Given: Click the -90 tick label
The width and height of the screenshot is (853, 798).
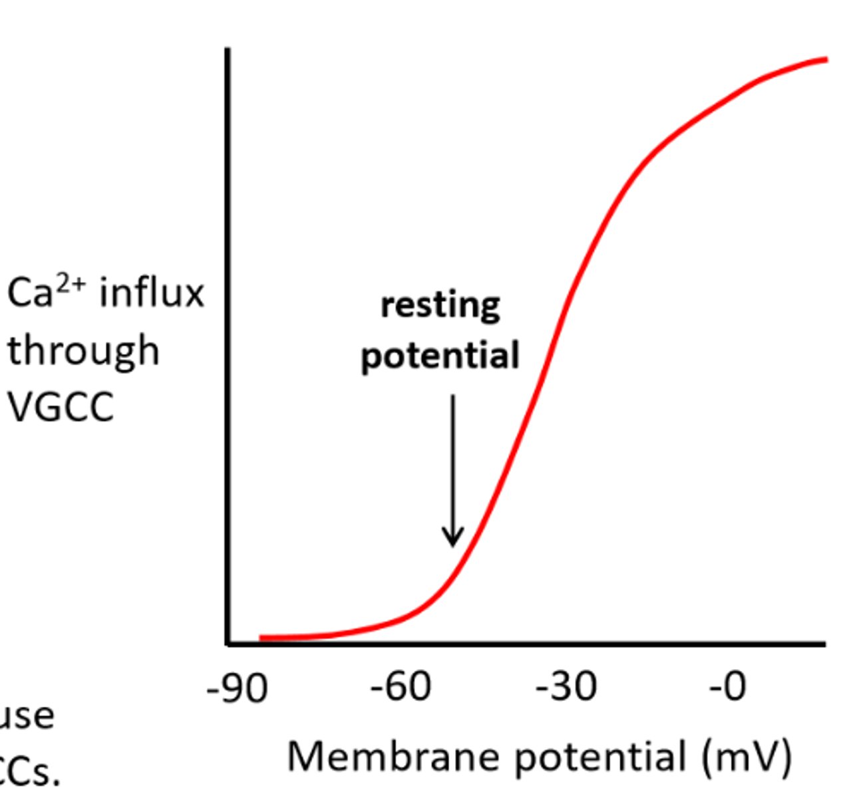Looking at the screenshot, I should [238, 688].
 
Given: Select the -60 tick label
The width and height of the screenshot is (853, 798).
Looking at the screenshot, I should [401, 687].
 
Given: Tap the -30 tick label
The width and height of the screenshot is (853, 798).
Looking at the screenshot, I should [566, 687].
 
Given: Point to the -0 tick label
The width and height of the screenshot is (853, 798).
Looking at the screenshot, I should [728, 687].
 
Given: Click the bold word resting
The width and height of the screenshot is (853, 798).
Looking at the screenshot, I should [440, 305].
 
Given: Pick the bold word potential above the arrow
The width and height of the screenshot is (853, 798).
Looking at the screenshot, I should [440, 356].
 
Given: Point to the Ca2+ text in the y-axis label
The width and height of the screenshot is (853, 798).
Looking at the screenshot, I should [46, 293].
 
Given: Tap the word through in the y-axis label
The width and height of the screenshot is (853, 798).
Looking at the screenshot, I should [83, 351].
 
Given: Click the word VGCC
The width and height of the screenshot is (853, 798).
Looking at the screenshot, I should [61, 407].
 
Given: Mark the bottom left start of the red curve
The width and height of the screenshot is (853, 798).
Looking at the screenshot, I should [261, 638].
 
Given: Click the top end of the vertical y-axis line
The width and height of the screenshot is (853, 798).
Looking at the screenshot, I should [228, 50].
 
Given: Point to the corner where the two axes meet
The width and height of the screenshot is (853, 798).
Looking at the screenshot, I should [228, 643].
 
